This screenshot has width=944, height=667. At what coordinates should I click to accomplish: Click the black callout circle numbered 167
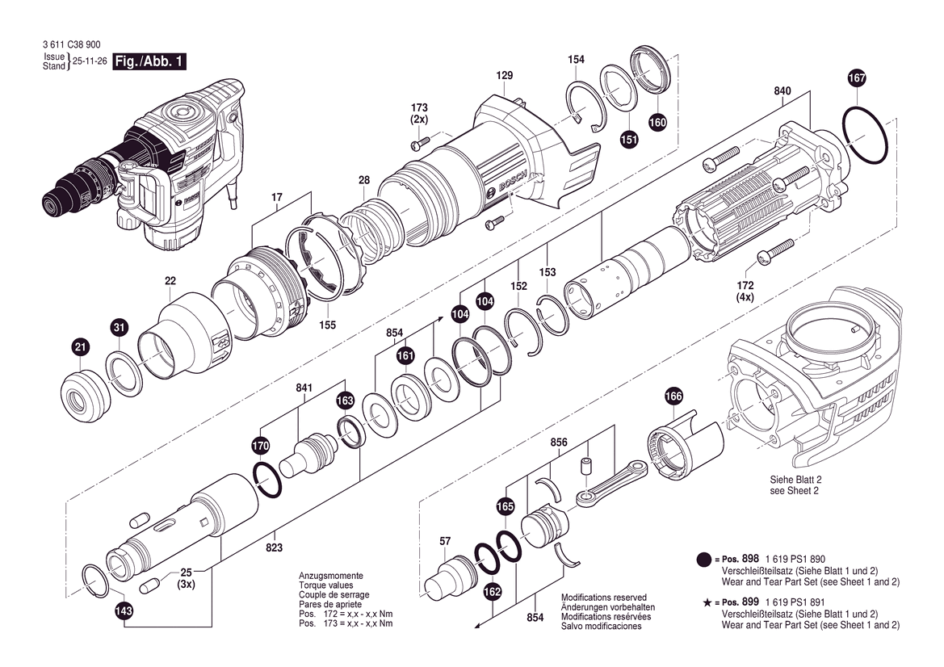point(857,78)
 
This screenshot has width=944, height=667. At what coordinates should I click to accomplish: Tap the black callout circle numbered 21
point(79,348)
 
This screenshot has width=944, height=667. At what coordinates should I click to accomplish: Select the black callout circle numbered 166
point(673,396)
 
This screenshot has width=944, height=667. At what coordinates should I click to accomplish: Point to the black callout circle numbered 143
point(124,611)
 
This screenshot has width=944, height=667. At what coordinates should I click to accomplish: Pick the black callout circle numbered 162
point(493,593)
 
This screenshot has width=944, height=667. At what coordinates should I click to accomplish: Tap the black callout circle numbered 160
point(657,123)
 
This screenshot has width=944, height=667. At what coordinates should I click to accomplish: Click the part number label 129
point(505,76)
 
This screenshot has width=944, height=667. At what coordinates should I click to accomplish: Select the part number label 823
point(274,548)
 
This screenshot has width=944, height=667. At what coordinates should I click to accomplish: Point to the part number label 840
point(782,91)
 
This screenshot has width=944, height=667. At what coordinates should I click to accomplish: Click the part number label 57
point(445,541)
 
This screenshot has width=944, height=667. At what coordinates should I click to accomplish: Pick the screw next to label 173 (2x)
point(419,145)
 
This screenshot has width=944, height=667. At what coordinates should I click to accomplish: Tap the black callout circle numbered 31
point(119,328)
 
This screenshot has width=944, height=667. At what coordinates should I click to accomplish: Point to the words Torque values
point(325,585)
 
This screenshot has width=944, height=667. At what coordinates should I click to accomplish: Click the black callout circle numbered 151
point(628,139)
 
